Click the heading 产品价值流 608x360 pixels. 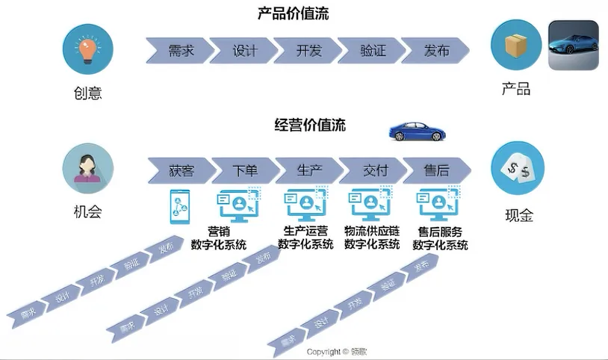point(292,13)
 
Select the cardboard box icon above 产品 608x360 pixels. point(515,46)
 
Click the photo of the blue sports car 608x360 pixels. point(573,46)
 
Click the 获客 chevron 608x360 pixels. point(180,170)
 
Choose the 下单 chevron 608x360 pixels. point(244,170)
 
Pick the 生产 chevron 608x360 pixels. point(308,170)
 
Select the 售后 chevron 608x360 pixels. point(435,170)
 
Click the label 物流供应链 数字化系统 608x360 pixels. point(371,238)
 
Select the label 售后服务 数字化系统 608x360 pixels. point(440,238)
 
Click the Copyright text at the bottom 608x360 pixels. point(336,351)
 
